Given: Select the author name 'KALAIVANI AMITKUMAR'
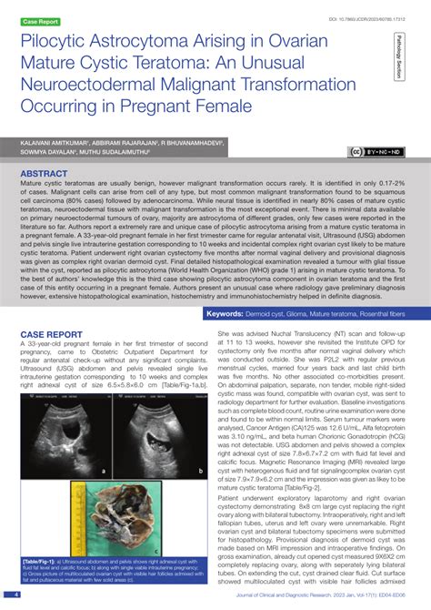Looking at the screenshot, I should pos(54,144).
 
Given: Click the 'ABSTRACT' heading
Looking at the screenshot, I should pos(50,173).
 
